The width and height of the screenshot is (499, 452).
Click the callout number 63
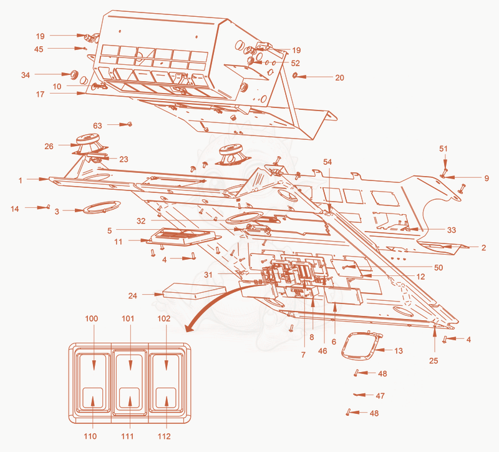tap(97, 125)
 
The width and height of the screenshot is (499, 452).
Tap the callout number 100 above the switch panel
tap(92, 318)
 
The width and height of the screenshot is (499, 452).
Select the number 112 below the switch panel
tap(164, 436)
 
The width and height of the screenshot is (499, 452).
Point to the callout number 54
tap(327, 162)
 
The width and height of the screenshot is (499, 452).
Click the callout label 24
tap(133, 295)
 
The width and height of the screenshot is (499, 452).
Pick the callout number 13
tap(399, 351)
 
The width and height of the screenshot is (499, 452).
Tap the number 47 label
tap(380, 396)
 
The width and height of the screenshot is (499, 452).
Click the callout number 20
tap(339, 77)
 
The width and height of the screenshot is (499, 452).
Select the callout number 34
tap(26, 75)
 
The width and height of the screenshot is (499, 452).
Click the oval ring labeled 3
tap(102, 207)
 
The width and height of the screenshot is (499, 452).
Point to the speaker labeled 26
tap(89, 144)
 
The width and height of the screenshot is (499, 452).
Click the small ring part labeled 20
tap(295, 76)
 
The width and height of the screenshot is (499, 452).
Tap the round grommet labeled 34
tap(74, 74)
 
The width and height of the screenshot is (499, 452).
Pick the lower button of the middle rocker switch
tap(130, 398)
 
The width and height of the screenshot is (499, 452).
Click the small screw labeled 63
tap(129, 124)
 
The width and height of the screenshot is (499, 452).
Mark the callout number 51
tap(443, 149)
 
